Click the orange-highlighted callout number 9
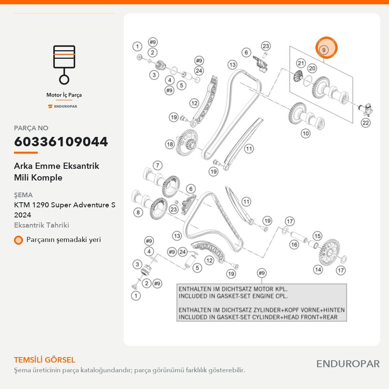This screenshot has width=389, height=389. pyautogui.click(x=324, y=50)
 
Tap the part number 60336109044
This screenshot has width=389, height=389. pyautogui.click(x=61, y=142)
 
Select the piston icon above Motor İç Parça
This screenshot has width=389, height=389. pyautogui.click(x=64, y=65)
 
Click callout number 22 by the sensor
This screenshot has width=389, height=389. pyautogui.click(x=366, y=123)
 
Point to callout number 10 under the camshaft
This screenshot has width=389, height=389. pyautogui.click(x=306, y=133)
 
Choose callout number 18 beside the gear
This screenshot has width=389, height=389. pyautogui.click(x=170, y=144)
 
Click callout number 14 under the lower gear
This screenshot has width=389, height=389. pyautogui.click(x=318, y=270)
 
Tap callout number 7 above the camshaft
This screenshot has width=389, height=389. pyautogui.click(x=158, y=165)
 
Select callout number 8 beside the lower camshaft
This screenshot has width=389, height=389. pyautogui.click(x=138, y=212)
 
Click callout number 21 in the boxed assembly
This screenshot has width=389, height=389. pyautogui.click(x=301, y=63)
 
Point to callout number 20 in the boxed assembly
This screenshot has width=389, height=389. pyautogui.click(x=312, y=68)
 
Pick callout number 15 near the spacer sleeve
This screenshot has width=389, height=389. pyautogui.click(x=317, y=236)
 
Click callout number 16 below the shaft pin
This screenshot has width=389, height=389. pyautogui.click(x=294, y=245)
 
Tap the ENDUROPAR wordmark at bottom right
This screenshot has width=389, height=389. pyautogui.click(x=348, y=364)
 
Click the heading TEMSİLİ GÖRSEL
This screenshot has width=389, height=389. pyautogui.click(x=45, y=360)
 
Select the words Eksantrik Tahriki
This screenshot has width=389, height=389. pyautogui.click(x=42, y=225)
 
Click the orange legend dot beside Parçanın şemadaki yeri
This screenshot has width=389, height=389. pyautogui.click(x=18, y=240)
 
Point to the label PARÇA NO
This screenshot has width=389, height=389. pyautogui.click(x=31, y=128)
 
